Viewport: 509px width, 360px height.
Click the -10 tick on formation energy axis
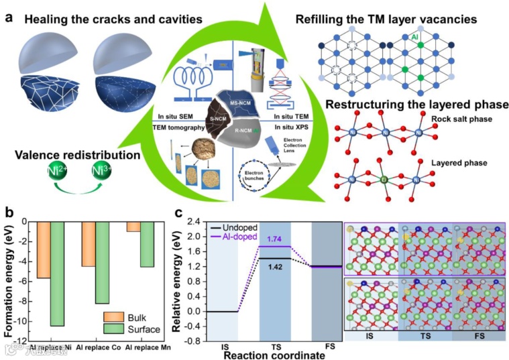[x=23, y=321]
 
